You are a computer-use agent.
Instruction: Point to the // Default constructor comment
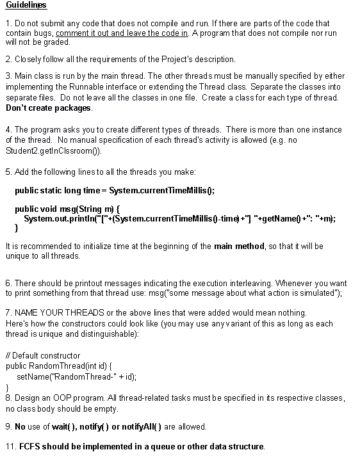click(x=43, y=355)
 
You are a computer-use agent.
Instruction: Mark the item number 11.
click(x=10, y=446)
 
